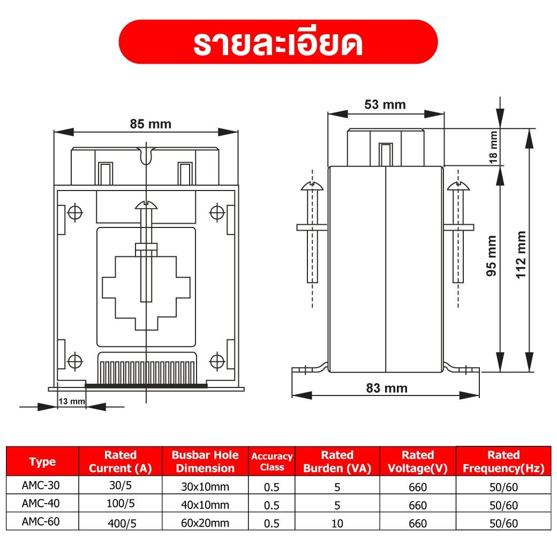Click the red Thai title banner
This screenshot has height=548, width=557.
coord(278,42)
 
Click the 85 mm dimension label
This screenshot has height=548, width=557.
coord(150,124)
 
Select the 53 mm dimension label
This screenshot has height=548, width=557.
coord(385,105)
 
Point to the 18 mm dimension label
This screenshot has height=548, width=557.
coord(493,147)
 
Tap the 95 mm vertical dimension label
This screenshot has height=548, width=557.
coord(491,256)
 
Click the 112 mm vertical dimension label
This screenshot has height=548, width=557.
coord(521,255)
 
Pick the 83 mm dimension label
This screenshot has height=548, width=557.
coord(387,388)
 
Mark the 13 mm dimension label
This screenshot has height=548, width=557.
coord(72,401)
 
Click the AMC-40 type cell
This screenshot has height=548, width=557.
coord(41,503)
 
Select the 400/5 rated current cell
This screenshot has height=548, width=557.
coord(122,523)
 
